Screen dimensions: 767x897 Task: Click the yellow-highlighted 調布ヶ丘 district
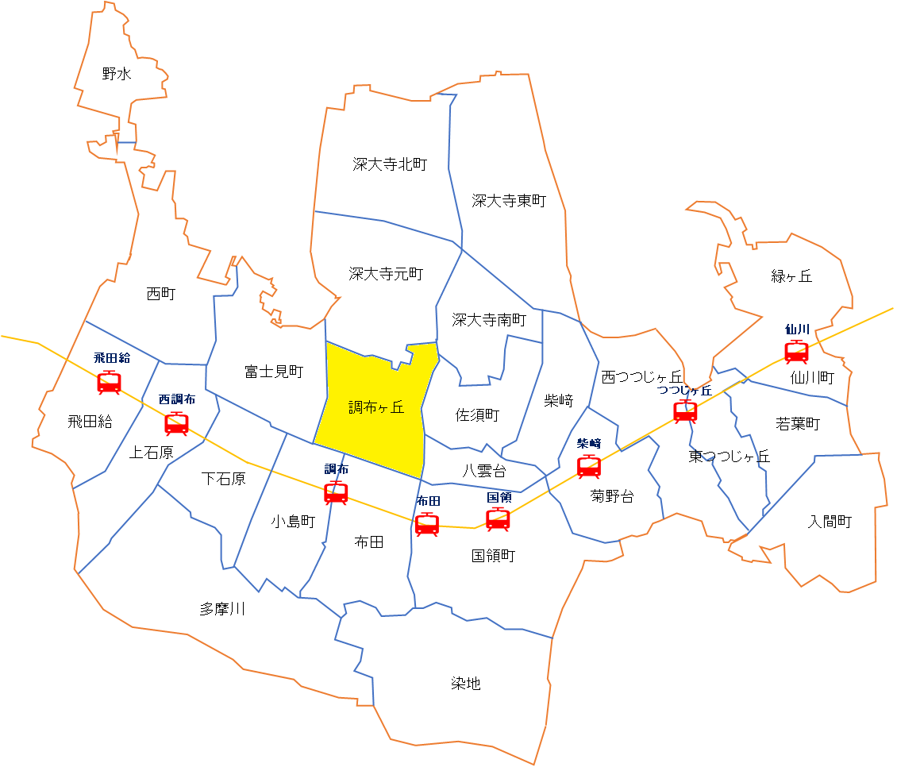tap(375, 407)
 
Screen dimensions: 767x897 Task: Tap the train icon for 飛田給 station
tap(109, 383)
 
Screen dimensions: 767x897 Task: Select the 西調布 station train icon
tap(176, 423)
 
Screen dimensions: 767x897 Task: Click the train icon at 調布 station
tap(336, 492)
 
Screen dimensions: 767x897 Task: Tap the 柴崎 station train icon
tap(589, 466)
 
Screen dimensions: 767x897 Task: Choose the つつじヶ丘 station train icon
tap(685, 411)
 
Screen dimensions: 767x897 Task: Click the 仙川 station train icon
tap(796, 351)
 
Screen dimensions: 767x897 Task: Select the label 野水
tap(117, 75)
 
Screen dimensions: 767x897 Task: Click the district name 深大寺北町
tap(390, 164)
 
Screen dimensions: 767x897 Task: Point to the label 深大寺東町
tap(509, 201)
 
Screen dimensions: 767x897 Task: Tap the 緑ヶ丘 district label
tap(791, 276)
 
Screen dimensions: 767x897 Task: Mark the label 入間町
tap(830, 522)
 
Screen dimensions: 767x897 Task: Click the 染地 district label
tap(466, 684)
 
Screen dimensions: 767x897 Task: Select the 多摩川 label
tap(222, 609)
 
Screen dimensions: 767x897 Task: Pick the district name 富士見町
tap(274, 371)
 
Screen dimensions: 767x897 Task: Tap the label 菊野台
tap(612, 497)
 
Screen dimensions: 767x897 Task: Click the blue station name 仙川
tap(797, 330)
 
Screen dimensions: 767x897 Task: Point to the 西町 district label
tap(161, 294)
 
